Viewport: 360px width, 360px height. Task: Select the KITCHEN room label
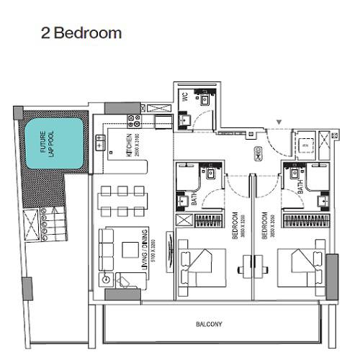click(x=129, y=145)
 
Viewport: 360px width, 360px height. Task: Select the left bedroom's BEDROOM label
click(x=235, y=224)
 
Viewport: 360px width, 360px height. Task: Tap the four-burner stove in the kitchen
click(x=134, y=119)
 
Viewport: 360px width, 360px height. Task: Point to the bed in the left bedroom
click(x=202, y=267)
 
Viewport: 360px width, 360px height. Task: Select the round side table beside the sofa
click(x=106, y=278)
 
